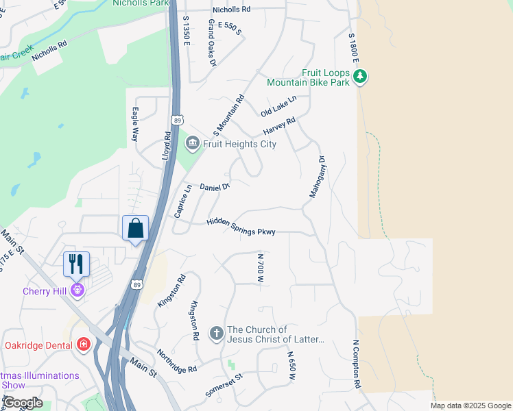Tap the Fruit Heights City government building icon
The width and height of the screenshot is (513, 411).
point(192,143)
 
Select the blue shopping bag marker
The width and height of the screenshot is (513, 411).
point(135,229)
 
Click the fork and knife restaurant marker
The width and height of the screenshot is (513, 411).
point(77,264)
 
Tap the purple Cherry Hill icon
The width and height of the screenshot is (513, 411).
point(78,290)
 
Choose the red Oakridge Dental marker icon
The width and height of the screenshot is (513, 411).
point(84,344)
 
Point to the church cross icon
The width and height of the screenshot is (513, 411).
point(216,334)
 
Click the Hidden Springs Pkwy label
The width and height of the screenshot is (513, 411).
point(241,227)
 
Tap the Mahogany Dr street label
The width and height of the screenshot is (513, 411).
point(317,177)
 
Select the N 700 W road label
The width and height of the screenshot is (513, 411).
point(261,268)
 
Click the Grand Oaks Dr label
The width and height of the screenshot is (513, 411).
point(212,42)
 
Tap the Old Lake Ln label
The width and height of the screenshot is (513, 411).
point(278,105)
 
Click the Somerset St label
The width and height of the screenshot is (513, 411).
point(224,386)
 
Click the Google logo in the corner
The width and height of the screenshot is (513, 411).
point(22,403)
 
